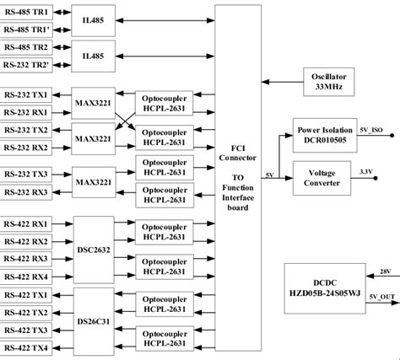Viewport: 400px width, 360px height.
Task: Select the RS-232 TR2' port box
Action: point(26,64)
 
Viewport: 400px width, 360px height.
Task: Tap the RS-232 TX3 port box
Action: point(26,173)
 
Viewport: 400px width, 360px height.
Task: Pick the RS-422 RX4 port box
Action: point(26,275)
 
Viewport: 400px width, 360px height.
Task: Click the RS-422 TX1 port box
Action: point(26,294)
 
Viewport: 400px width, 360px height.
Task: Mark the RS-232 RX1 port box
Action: point(26,111)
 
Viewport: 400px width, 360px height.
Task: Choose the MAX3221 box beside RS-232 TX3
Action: point(95,181)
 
